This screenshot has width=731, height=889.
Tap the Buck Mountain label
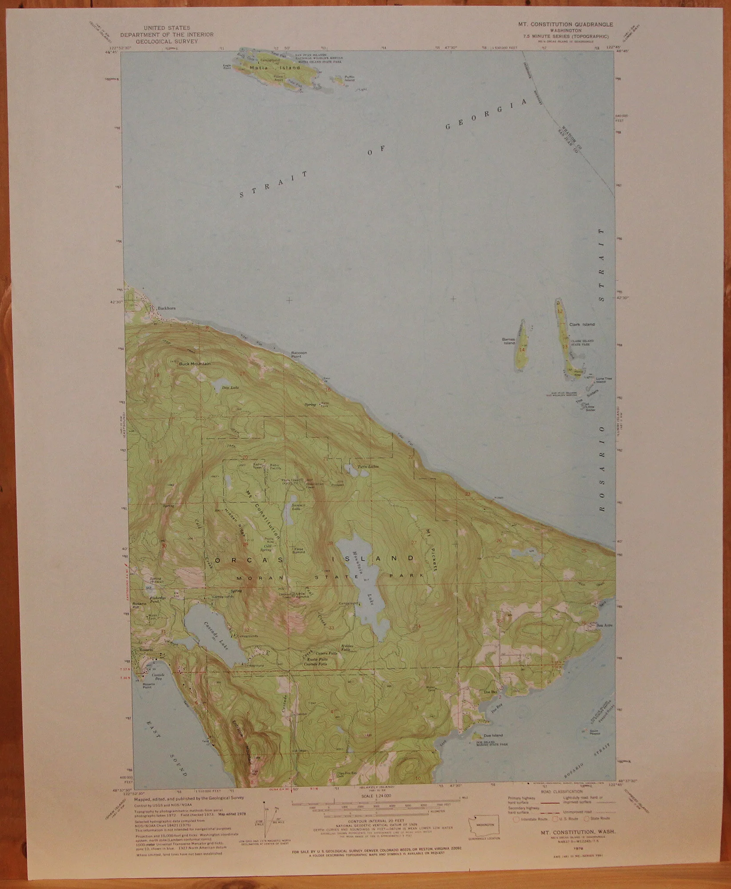(x=194, y=364)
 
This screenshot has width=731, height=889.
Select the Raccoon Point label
(x=299, y=354)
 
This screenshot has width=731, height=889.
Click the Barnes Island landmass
(x=521, y=344)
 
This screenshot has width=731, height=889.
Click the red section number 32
(x=246, y=630)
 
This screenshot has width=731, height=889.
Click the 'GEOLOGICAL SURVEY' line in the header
(x=167, y=41)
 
